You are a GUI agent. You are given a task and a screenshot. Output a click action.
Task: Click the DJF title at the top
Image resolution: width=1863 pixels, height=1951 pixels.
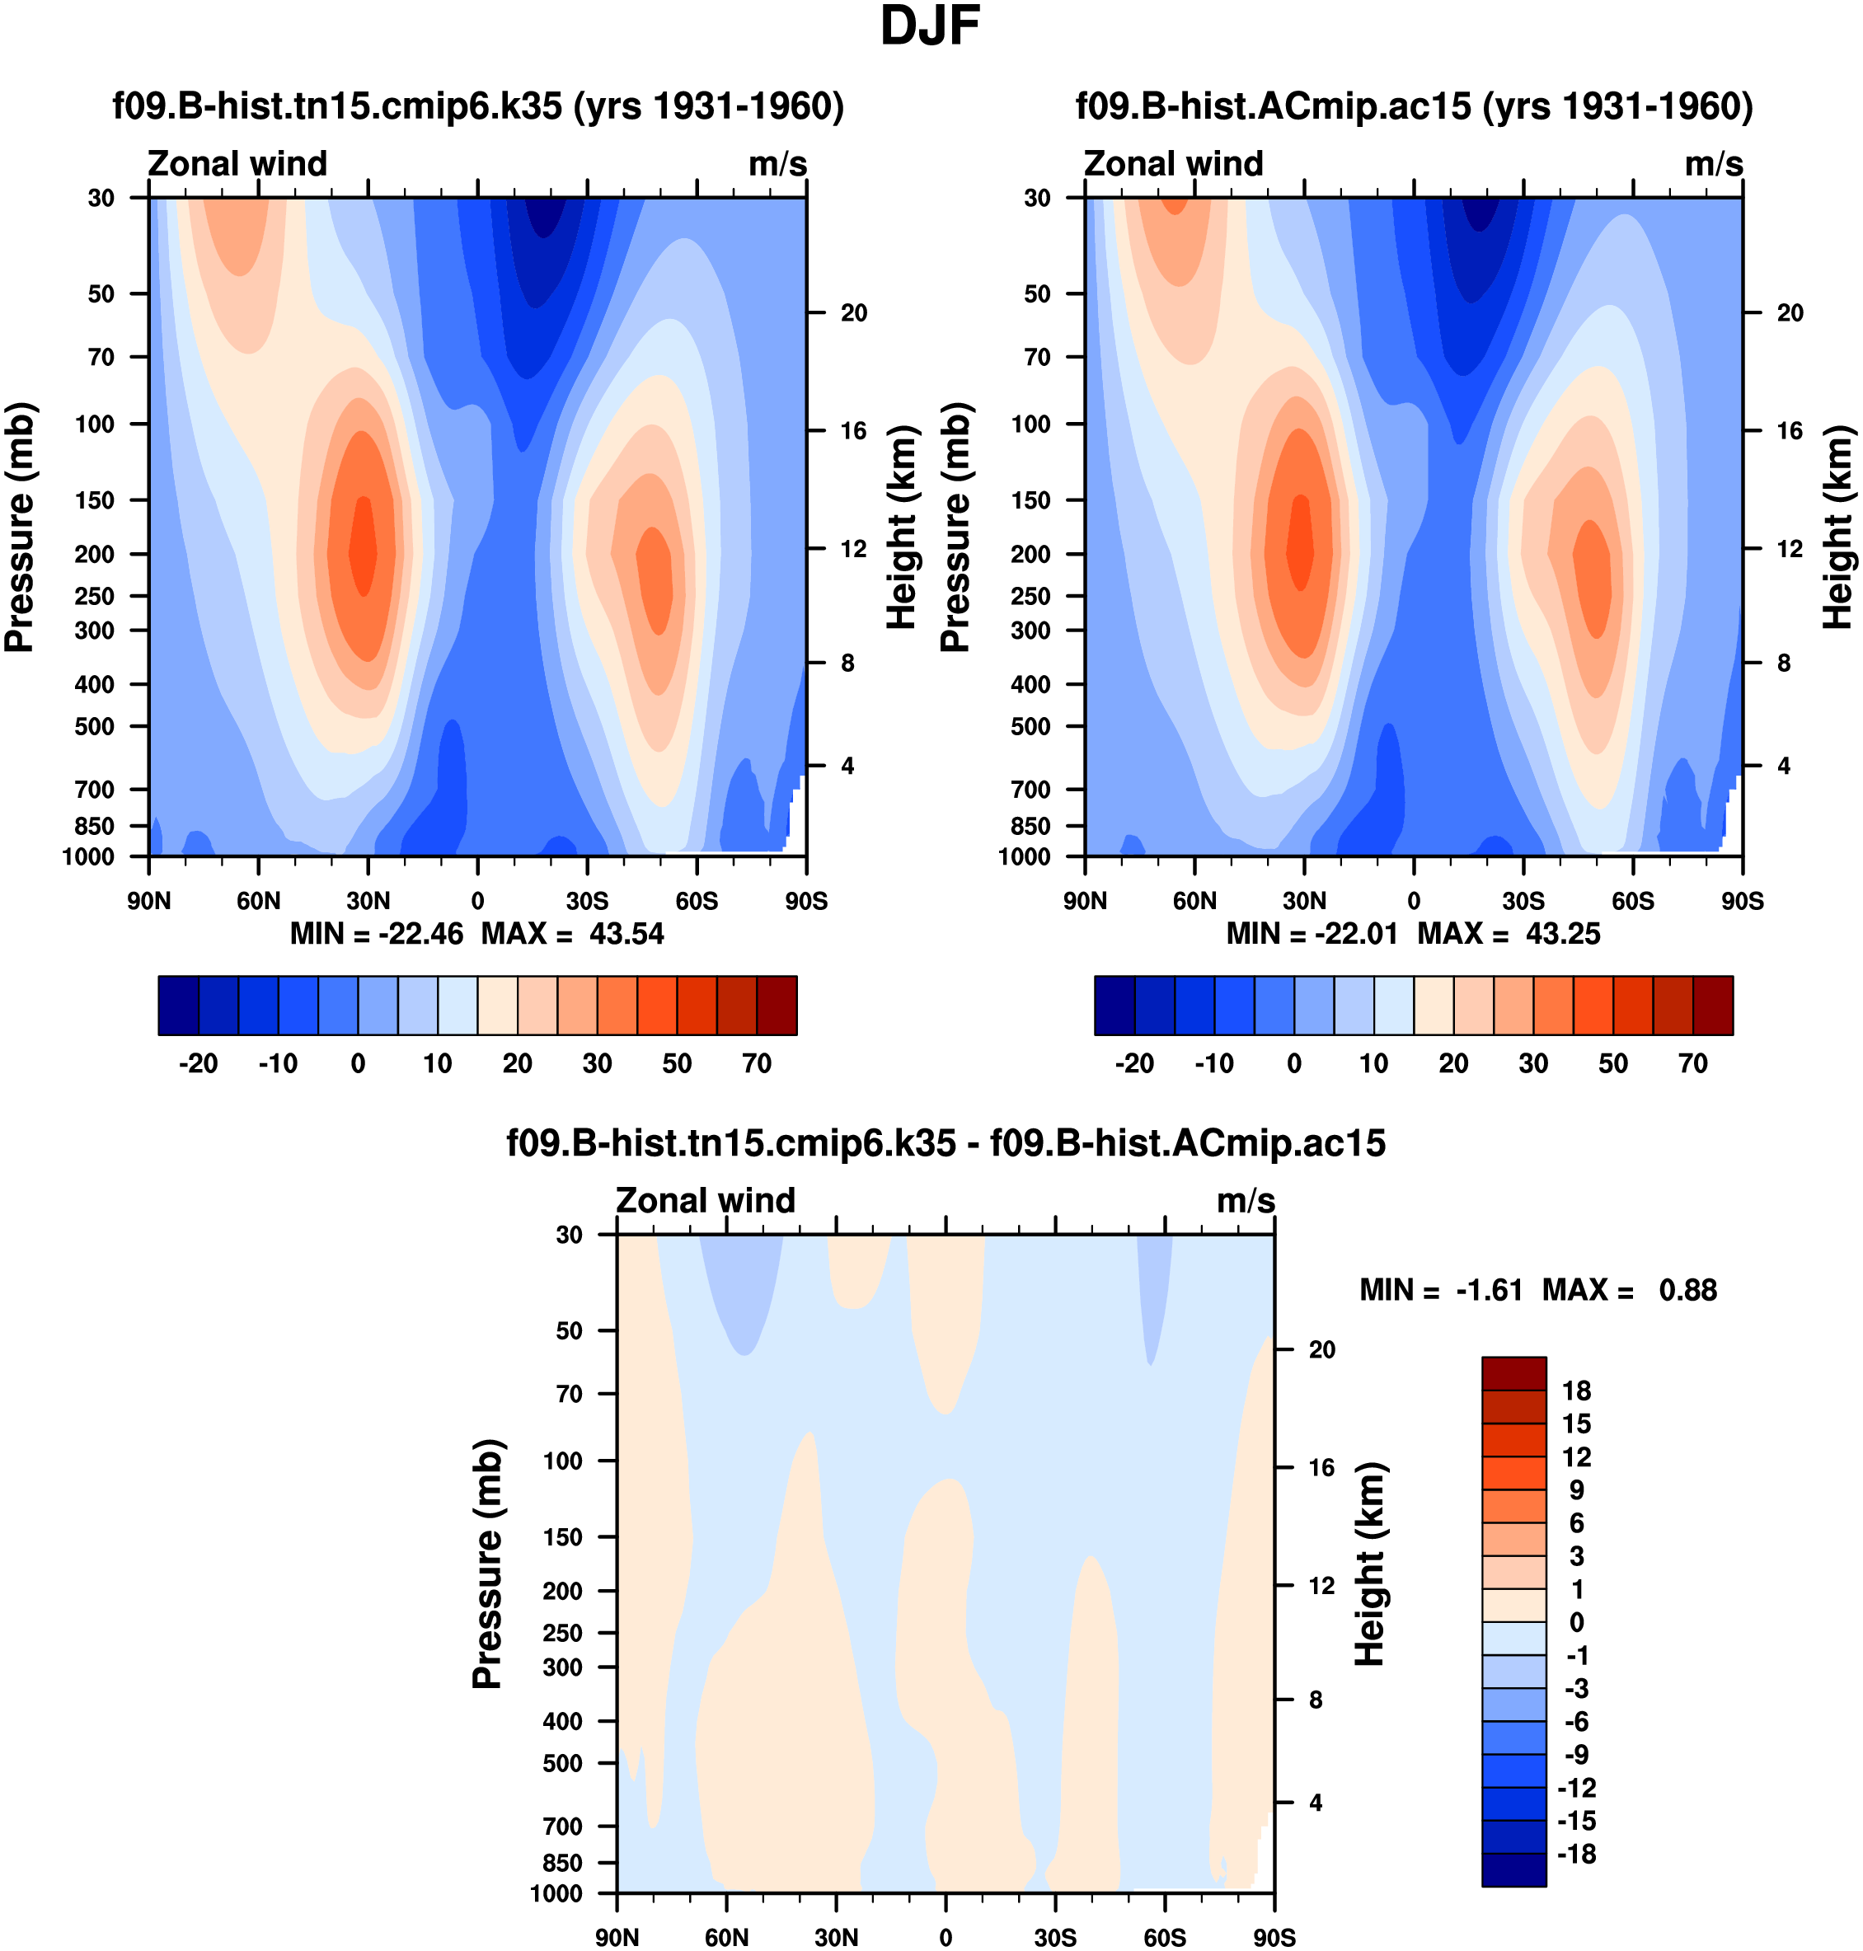pos(930,28)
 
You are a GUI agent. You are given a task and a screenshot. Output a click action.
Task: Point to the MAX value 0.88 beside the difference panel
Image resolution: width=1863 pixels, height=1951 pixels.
pos(1687,1290)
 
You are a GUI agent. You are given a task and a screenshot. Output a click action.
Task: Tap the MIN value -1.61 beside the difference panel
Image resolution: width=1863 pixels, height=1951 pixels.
pos(1489,1290)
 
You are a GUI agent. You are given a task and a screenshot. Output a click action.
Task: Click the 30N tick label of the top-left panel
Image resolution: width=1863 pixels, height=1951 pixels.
pos(368,901)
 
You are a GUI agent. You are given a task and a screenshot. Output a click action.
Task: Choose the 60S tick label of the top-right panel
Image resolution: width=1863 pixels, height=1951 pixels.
pos(1633,901)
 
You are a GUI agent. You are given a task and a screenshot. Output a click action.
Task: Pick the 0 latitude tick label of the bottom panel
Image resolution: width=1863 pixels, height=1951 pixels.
pos(945,1937)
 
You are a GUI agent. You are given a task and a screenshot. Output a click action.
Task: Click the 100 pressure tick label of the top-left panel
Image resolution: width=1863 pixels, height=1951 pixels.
pos(96,424)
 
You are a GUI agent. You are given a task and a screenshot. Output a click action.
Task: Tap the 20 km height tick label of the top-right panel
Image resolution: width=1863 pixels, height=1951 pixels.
pos(1790,312)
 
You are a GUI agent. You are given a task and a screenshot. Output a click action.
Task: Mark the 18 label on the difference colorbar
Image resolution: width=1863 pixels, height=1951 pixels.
pos(1576,1391)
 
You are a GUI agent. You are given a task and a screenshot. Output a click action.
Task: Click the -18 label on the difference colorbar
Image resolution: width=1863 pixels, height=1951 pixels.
pos(1576,1854)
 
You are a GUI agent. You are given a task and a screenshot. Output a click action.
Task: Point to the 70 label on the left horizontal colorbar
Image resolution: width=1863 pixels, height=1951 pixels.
pos(757,1063)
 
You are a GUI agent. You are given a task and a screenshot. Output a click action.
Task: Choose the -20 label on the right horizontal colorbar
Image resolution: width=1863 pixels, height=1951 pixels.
pos(1134,1063)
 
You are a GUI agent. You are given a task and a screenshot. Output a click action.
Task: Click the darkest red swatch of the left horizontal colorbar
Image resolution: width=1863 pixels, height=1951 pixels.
pos(777,1005)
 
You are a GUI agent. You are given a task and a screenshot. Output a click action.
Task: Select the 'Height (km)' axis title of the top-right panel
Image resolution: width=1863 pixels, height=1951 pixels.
pos(1837,528)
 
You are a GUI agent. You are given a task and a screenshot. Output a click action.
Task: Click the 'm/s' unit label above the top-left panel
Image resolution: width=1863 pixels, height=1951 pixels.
pos(777,164)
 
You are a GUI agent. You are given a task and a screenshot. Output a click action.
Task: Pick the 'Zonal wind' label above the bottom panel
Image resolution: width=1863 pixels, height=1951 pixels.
pos(705,1200)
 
